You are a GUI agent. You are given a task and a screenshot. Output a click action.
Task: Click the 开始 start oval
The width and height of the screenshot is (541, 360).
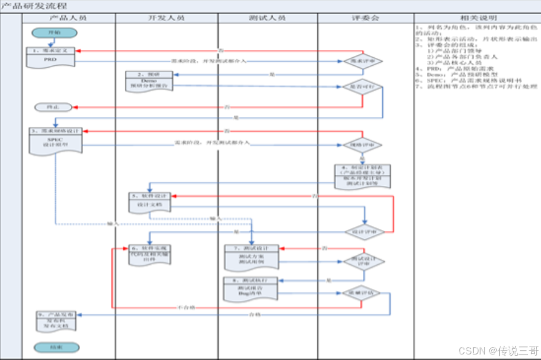pos(55,33)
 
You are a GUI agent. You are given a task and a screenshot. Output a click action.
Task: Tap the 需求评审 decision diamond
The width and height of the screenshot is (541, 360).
pos(363,62)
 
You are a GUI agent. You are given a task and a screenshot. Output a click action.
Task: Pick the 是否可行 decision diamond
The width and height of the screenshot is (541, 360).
pos(363,87)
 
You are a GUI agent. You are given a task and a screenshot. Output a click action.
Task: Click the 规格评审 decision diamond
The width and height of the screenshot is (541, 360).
pos(363,145)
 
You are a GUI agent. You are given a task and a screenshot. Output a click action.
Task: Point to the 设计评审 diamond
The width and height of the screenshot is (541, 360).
pos(364,232)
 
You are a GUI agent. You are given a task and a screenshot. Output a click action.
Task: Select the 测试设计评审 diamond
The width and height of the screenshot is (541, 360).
pos(364,261)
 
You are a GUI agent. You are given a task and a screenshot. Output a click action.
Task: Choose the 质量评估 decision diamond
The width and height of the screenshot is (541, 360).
pos(362,293)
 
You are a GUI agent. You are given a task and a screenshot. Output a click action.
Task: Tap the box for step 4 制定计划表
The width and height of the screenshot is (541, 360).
pos(363,176)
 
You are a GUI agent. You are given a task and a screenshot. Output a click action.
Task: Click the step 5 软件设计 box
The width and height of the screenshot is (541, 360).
pos(150,201)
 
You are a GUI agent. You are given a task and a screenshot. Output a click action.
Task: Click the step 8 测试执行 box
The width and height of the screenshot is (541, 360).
pos(252,287)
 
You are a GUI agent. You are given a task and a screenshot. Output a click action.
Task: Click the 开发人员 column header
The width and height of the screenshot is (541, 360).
pos(167,18)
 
